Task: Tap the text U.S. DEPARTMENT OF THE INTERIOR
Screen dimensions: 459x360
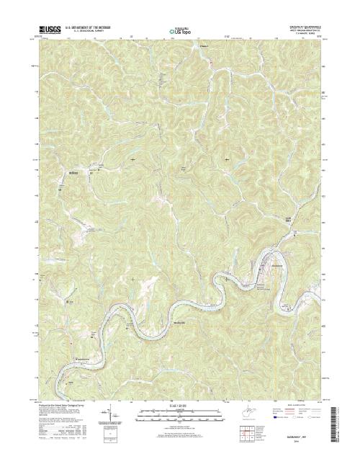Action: click(89, 28)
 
